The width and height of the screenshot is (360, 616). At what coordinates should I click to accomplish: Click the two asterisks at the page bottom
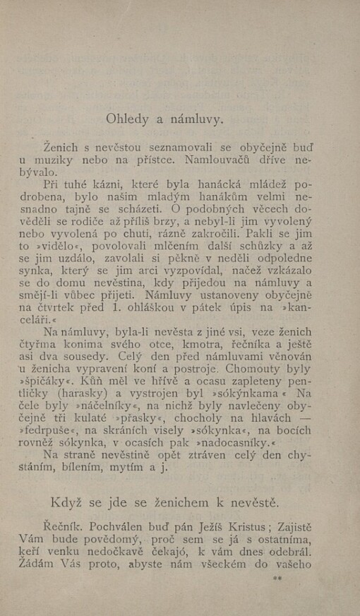(x=277, y=577)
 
